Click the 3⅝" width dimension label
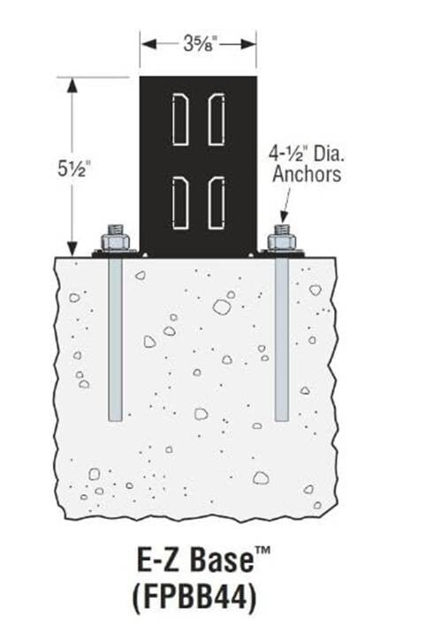pyautogui.click(x=200, y=43)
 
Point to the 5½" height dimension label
pyautogui.click(x=73, y=169)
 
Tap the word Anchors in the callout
pyautogui.click(x=307, y=174)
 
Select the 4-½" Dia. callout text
pyautogui.click(x=307, y=154)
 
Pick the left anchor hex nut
pyautogui.click(x=116, y=242)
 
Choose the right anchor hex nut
pyautogui.click(x=282, y=242)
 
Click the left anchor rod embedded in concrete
pyautogui.click(x=116, y=339)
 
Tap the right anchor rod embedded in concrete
pyautogui.click(x=282, y=339)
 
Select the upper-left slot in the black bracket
pyautogui.click(x=180, y=119)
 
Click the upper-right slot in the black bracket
pyautogui.click(x=217, y=119)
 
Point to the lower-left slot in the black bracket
pyautogui.click(x=180, y=204)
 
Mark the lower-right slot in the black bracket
pyautogui.click(x=217, y=204)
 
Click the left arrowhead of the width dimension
pyautogui.click(x=149, y=43)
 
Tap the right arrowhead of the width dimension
pyautogui.click(x=248, y=43)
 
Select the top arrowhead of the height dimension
pyautogui.click(x=72, y=86)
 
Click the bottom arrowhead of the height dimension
pyautogui.click(x=72, y=247)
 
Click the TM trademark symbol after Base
pyautogui.click(x=262, y=552)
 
